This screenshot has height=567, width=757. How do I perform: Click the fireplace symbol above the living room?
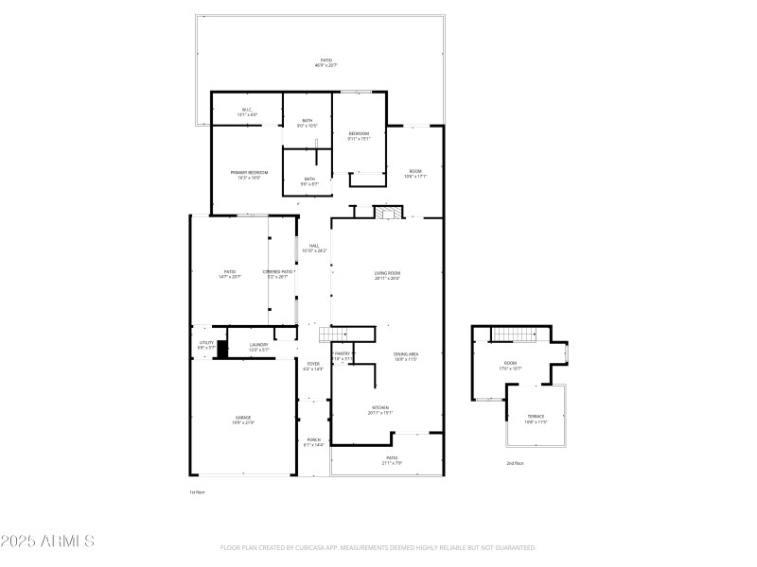tap(384, 213)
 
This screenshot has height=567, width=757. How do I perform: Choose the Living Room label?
tap(387, 275)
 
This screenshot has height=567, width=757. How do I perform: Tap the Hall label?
tap(313, 248)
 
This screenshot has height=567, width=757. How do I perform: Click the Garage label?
tap(244, 420)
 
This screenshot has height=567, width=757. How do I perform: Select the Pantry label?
tap(342, 355)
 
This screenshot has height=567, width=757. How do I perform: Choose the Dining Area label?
tap(406, 356)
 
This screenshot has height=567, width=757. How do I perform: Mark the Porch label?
tap(313, 441)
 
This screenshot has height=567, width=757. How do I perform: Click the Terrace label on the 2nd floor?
tap(537, 418)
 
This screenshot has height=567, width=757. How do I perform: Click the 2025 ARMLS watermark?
tap(47, 541)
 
